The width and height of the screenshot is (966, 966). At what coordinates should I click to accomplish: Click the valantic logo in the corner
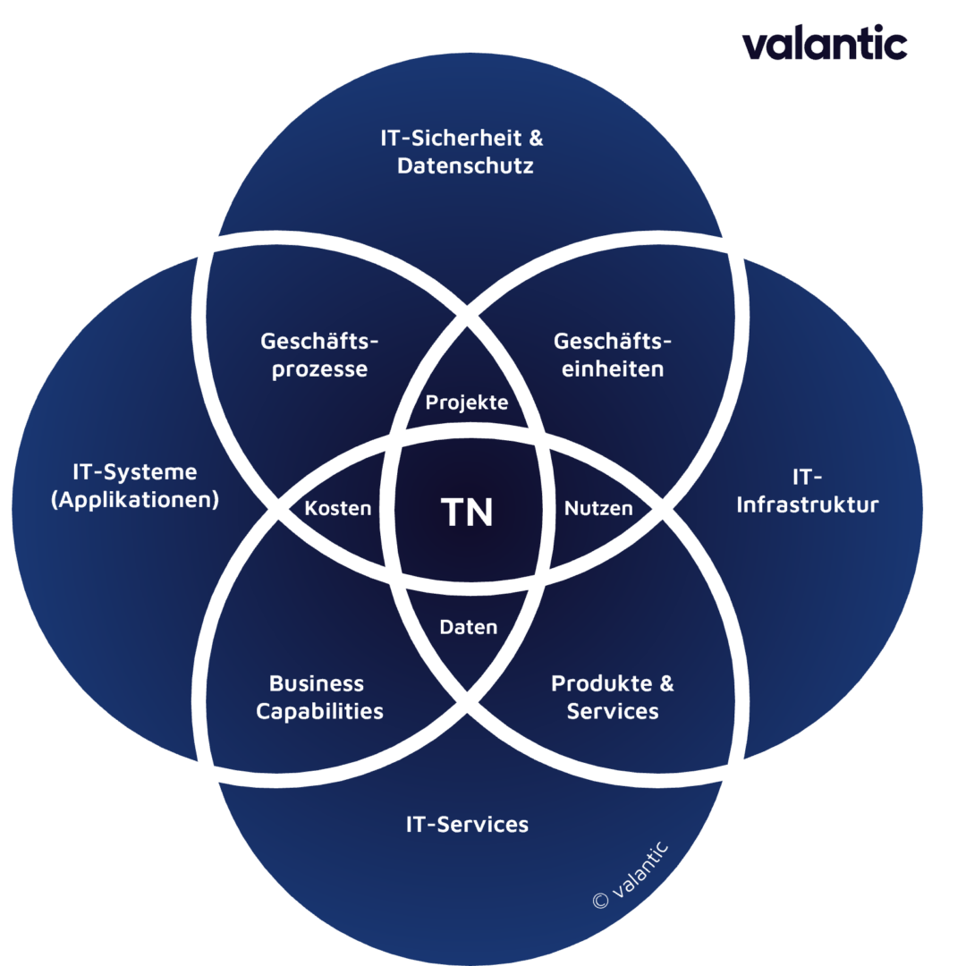[825, 43]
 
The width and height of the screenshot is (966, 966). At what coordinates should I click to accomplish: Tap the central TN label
[467, 513]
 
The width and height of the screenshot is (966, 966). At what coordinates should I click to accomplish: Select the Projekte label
[467, 402]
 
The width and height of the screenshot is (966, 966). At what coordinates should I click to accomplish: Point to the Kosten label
[337, 508]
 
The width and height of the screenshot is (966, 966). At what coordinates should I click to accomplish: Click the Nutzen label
[598, 508]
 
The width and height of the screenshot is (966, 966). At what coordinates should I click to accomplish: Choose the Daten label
[468, 627]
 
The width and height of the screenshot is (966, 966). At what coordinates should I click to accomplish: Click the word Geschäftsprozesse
[319, 355]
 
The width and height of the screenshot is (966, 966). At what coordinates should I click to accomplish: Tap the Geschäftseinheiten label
[613, 355]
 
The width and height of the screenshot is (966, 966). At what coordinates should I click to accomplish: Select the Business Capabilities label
[319, 698]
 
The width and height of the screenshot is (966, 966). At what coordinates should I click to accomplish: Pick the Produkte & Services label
[613, 698]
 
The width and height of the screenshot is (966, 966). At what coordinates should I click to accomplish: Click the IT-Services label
[467, 825]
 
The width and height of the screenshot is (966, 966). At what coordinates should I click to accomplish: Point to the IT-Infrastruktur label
[807, 491]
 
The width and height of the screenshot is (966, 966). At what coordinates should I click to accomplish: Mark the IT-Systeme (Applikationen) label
[135, 486]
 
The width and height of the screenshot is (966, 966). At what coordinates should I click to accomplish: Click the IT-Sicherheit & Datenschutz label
[462, 151]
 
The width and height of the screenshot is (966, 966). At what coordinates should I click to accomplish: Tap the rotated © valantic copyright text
[631, 875]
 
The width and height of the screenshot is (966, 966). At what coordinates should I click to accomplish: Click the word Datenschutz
[465, 165]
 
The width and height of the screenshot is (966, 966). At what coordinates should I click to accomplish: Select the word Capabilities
[319, 712]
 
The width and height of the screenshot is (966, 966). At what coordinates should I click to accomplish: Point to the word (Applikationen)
[135, 500]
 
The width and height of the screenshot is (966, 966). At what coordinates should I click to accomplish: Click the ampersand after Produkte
[666, 684]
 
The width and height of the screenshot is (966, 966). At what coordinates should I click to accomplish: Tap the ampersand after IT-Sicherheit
[536, 138]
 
